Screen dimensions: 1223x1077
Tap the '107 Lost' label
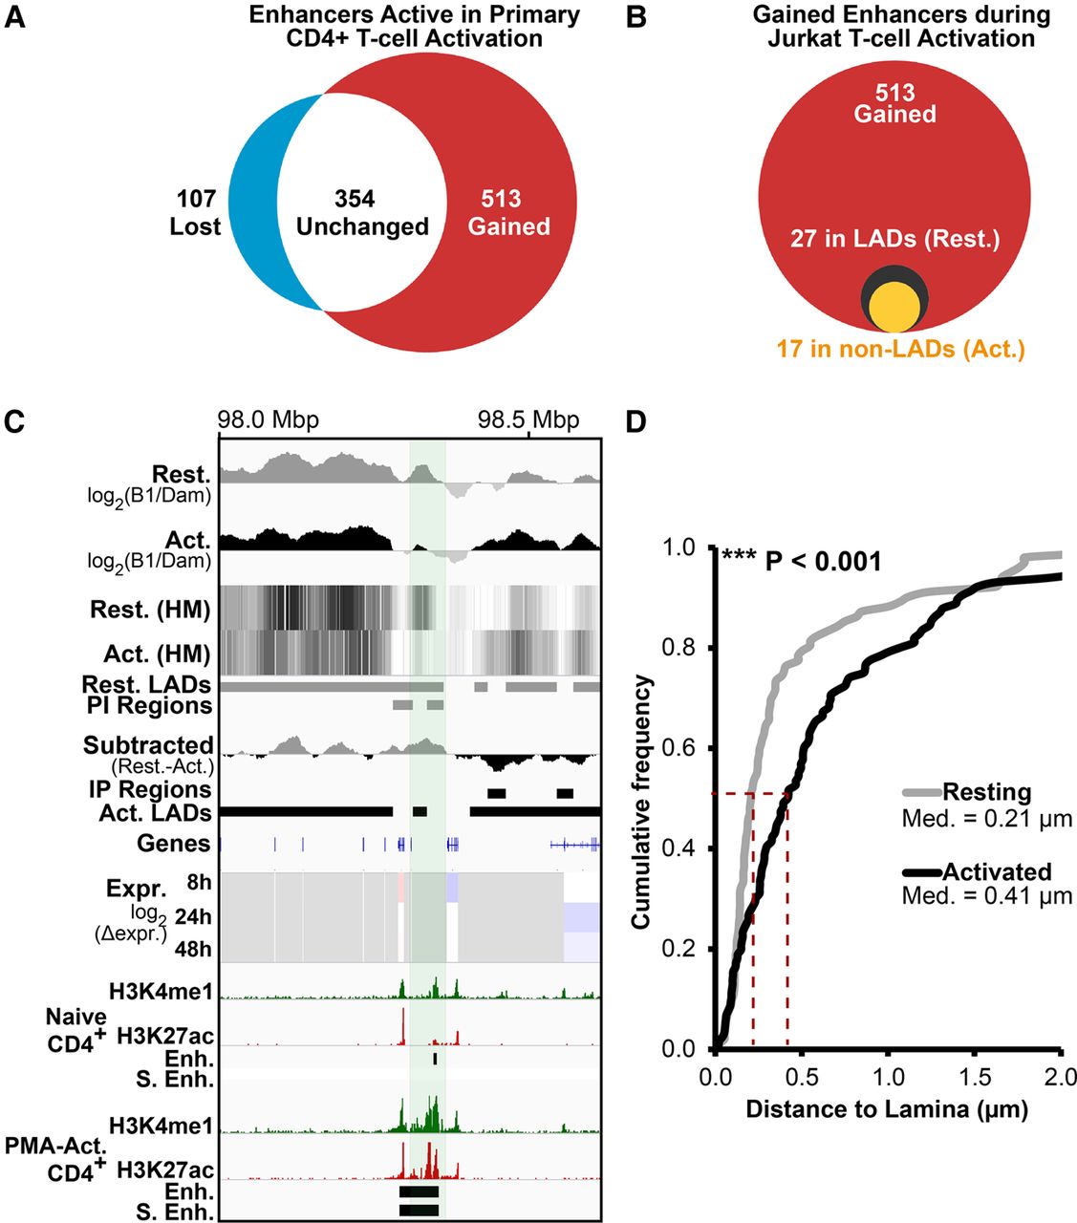[x=195, y=213]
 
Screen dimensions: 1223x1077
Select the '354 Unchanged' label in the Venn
[x=362, y=213]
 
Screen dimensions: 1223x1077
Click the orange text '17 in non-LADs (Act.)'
[x=900, y=349]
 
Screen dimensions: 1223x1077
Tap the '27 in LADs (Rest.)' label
[x=894, y=239]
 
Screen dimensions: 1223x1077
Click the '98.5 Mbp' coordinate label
[x=528, y=420]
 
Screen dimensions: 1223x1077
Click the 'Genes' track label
[x=173, y=844]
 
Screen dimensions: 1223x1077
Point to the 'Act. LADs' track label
[x=155, y=813]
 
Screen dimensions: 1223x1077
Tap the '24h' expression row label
[x=195, y=917]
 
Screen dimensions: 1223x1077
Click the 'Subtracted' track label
[x=148, y=745]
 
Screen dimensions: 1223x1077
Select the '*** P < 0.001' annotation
[x=801, y=562]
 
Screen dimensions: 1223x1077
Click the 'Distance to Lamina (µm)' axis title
[x=887, y=1109]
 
